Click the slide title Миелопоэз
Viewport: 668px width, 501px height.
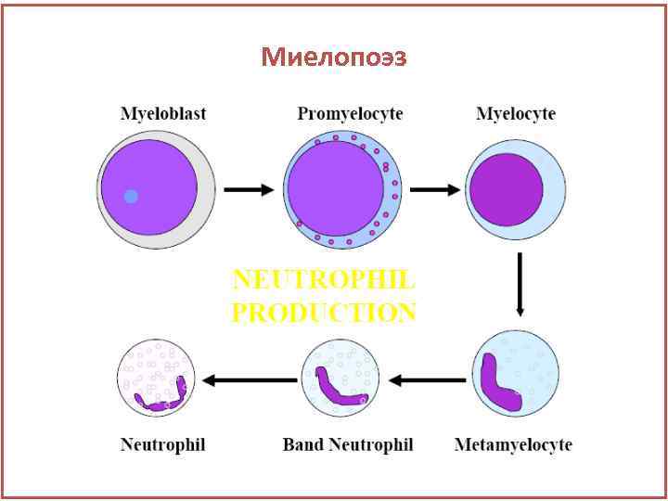tap(334, 58)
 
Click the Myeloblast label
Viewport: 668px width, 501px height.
tap(163, 114)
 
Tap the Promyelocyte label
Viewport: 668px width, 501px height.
tap(350, 114)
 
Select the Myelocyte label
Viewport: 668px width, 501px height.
tap(516, 114)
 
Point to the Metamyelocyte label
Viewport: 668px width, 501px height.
tap(513, 444)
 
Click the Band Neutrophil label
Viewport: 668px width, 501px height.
tap(348, 444)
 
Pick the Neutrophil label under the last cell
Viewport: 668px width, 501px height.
tap(162, 444)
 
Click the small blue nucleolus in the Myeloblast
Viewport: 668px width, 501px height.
tap(131, 196)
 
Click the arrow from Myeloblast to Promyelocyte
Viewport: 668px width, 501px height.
tap(250, 189)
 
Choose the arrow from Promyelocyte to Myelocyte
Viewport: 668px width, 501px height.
tap(435, 189)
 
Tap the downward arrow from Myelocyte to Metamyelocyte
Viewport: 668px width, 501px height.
tap(520, 285)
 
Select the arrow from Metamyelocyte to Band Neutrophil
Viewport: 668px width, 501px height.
tap(428, 379)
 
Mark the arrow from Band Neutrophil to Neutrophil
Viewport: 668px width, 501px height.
tap(250, 379)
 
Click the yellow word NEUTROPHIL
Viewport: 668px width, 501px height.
tap(323, 279)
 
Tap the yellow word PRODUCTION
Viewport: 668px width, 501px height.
tap(323, 313)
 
